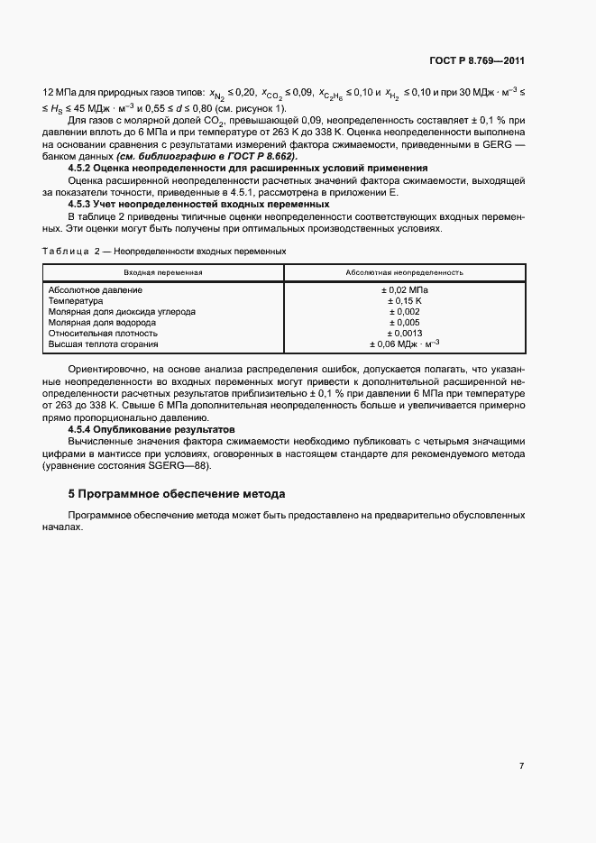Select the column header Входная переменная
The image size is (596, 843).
click(163, 271)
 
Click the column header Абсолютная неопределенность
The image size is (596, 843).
click(404, 271)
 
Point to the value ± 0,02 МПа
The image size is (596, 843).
click(405, 290)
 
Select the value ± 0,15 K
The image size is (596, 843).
click(405, 301)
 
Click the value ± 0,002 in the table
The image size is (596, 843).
click(405, 312)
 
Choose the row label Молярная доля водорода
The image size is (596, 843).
click(102, 323)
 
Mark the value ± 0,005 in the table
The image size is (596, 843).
click(405, 323)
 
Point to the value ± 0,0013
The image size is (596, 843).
click(405, 334)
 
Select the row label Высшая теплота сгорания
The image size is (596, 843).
click(104, 344)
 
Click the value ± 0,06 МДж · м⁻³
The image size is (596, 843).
click(405, 344)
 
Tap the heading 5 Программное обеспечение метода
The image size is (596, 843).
click(177, 494)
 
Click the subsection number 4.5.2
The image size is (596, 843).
click(83, 170)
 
